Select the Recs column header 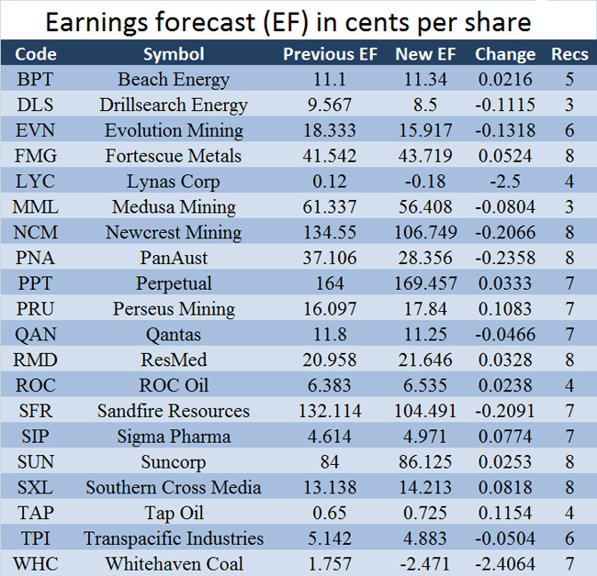[x=569, y=54]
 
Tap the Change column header [x=505, y=54]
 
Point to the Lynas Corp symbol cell [x=174, y=182]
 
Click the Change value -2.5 [x=505, y=182]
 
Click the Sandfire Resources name [x=174, y=411]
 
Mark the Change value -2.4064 [x=505, y=563]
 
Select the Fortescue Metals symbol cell [x=174, y=156]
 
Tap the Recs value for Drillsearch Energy [x=569, y=105]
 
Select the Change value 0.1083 [x=505, y=309]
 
